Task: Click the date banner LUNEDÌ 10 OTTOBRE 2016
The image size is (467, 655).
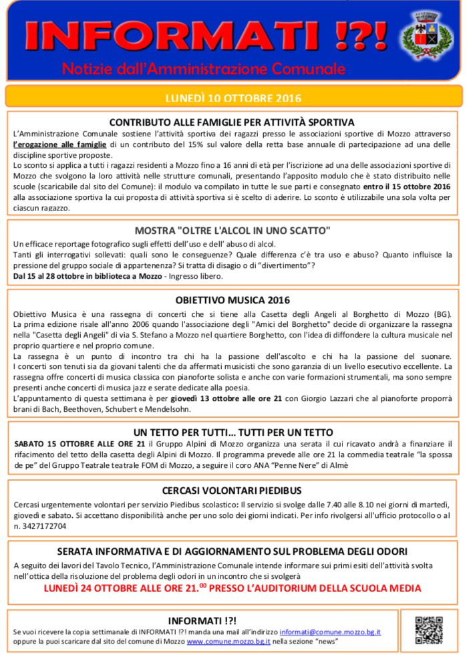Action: [x=233, y=98]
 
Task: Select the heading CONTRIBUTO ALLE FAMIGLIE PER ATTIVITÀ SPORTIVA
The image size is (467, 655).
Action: [x=232, y=122]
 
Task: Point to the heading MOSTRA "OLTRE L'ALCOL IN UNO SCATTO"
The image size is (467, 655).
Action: [x=232, y=231]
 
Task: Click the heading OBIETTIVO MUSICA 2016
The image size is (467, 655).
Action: [x=232, y=300]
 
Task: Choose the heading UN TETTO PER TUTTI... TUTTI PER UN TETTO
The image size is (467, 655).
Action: [x=233, y=432]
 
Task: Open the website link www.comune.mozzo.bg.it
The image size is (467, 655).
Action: [x=228, y=641]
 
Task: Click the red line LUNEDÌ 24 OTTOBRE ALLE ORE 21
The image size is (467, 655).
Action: [x=232, y=588]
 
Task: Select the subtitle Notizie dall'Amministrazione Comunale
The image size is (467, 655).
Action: [x=203, y=69]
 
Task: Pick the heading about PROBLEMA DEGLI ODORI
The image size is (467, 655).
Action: [x=232, y=551]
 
